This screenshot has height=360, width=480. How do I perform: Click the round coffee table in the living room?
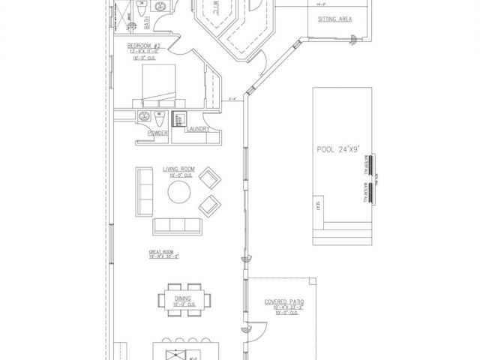click(179, 193)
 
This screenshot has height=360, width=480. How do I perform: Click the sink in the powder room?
click(143, 116)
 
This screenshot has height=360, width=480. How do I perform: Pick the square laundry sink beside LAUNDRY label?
click(180, 118)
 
